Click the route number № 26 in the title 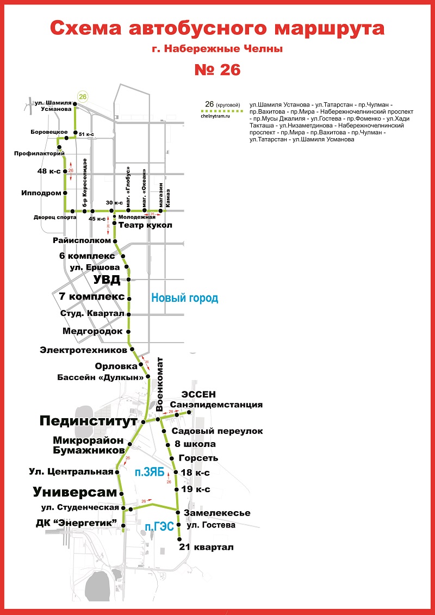217,70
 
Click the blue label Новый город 184,298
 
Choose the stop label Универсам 74,492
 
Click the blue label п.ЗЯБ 150,474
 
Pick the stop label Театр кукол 145,225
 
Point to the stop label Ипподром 41,192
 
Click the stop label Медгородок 93,331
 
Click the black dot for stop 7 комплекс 129,297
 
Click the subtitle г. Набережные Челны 217,49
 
